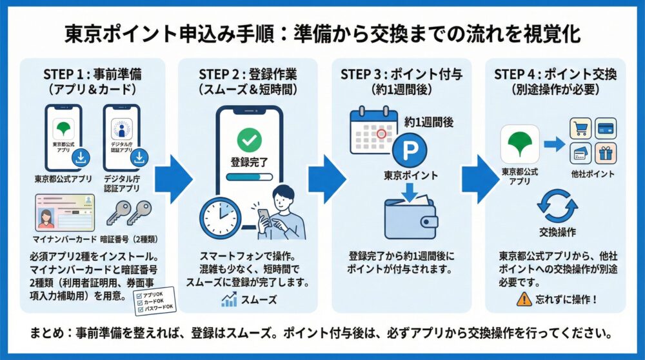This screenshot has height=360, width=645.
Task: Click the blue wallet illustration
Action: (410, 219)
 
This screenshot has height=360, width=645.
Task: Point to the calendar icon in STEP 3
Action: (373, 132)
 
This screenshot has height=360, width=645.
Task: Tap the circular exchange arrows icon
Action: (557, 204)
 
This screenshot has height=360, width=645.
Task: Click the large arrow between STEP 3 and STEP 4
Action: (478, 175)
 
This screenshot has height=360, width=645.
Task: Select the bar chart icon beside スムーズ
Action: (228, 299)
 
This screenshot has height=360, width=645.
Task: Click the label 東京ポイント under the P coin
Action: (410, 175)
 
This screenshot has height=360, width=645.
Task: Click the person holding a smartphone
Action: (279, 213)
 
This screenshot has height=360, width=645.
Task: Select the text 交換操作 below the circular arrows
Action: (557, 231)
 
